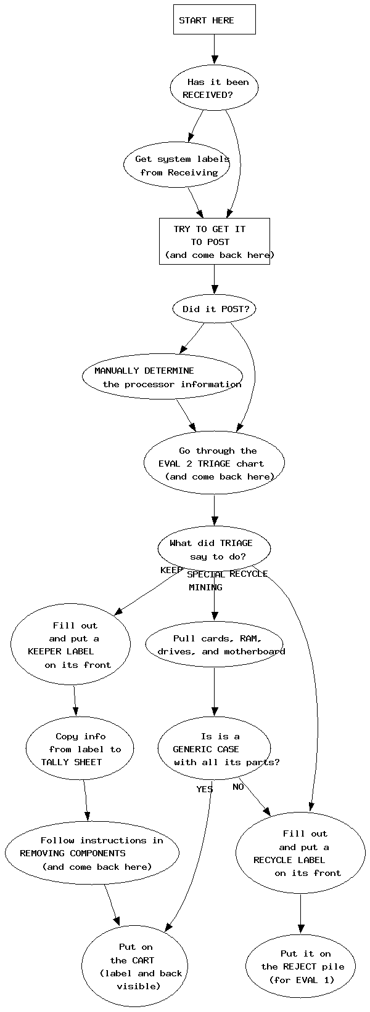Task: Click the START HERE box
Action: tap(214, 20)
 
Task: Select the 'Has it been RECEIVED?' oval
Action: tap(214, 88)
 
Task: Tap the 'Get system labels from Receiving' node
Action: tap(177, 166)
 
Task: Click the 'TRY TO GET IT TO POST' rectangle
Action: tap(214, 241)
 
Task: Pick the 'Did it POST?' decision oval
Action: tap(214, 309)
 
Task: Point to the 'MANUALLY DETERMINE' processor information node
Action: tap(162, 377)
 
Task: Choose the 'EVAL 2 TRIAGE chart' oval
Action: tap(214, 464)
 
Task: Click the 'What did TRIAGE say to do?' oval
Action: tap(214, 549)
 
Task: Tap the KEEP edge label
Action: tap(171, 570)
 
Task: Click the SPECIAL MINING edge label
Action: tap(206, 580)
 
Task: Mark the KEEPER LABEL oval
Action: tap(70, 645)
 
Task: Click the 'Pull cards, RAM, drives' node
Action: tap(214, 645)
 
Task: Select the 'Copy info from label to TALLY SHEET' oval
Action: tap(80, 749)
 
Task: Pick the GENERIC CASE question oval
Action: tap(214, 749)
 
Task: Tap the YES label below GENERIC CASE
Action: tap(205, 789)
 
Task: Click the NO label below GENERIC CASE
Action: tap(238, 787)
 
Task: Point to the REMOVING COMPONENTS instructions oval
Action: tap(92, 853)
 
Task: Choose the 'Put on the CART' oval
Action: tap(135, 966)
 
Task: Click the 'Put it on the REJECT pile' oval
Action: tap(300, 966)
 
